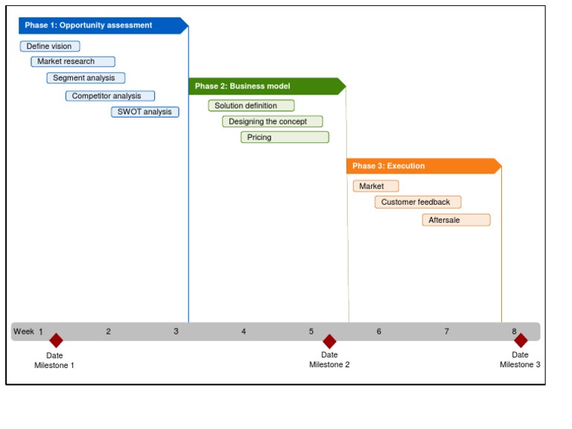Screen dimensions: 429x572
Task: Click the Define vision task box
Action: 50,46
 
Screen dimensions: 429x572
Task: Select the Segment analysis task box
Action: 86,78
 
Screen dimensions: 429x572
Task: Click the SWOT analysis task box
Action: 145,112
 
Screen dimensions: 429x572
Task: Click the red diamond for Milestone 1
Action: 56,340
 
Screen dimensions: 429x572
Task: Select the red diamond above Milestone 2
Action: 329,341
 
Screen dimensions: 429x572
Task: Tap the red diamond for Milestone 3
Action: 521,340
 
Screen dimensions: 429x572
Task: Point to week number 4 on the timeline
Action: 244,331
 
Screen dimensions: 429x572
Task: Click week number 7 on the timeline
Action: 447,331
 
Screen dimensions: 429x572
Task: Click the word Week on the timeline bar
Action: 24,331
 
